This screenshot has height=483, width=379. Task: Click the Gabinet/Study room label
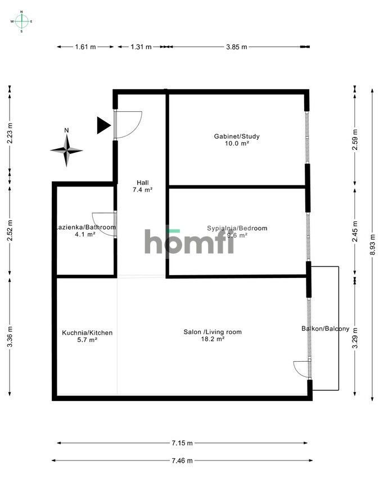pos(236,136)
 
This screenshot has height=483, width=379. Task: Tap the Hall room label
pos(142,182)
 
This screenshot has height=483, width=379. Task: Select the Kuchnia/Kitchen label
pos(87,332)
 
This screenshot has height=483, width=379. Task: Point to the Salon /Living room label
pos(213,332)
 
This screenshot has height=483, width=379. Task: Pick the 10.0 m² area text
pos(236,144)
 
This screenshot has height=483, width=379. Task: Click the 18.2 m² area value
pos(213,339)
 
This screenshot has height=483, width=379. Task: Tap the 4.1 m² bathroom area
pos(85,234)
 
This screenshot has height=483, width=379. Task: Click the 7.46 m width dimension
pos(181,461)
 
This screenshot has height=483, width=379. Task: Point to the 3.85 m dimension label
pos(237,47)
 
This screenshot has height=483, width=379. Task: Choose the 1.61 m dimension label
pos(85,47)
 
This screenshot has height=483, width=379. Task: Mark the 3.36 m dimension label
pos(10,337)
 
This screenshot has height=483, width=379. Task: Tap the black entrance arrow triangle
pos(103,125)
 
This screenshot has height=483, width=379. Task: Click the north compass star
pos(66,150)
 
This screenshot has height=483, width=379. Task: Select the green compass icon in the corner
pos(21,21)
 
